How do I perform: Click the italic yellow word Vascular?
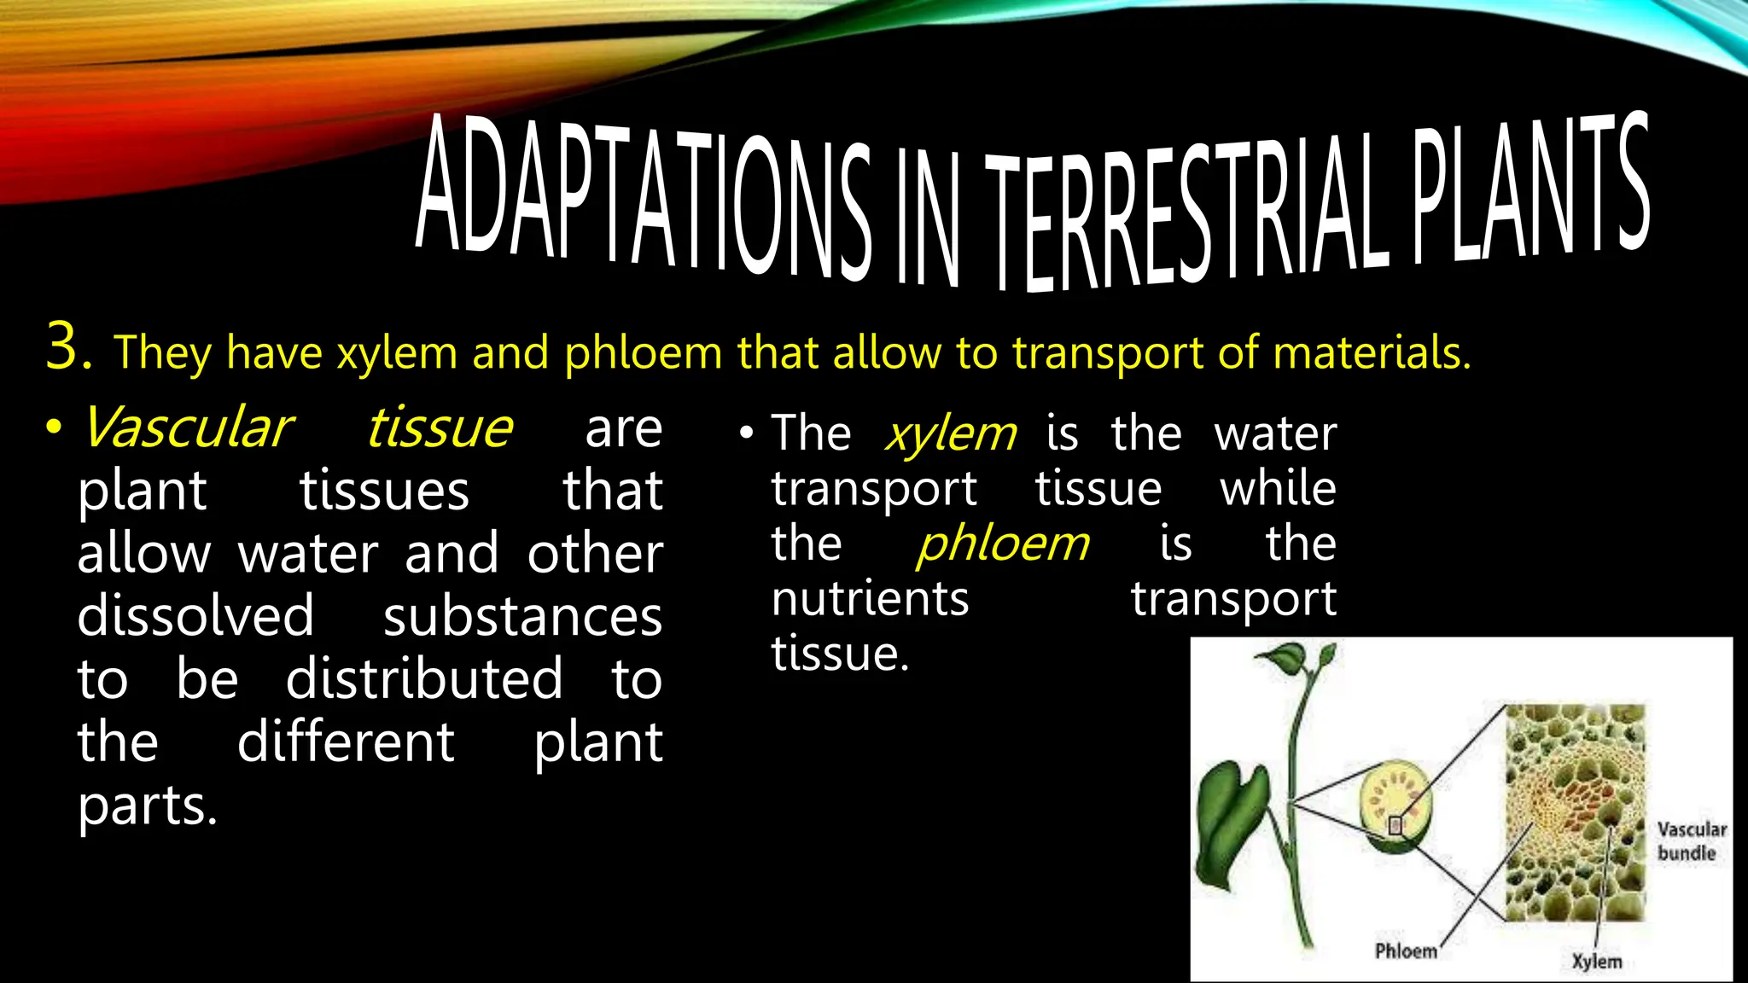click(186, 428)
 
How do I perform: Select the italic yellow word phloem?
click(1003, 544)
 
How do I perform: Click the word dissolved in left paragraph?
click(195, 616)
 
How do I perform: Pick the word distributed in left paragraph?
click(424, 679)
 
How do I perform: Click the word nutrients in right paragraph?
click(870, 599)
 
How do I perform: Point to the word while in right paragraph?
click(1278, 489)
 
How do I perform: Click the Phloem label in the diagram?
click(1405, 951)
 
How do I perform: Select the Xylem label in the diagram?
click(1596, 962)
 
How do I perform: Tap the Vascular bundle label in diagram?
click(1690, 840)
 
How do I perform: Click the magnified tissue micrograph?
click(1575, 811)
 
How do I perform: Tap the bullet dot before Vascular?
click(54, 428)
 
